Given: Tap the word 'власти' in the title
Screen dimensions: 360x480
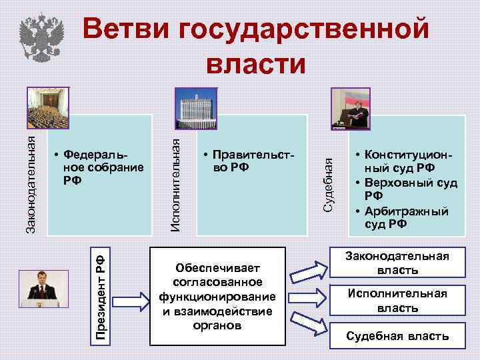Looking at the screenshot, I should [x=257, y=64].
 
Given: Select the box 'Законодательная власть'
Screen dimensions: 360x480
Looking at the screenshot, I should [x=398, y=263].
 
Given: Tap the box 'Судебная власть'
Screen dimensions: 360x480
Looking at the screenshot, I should [x=398, y=335].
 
